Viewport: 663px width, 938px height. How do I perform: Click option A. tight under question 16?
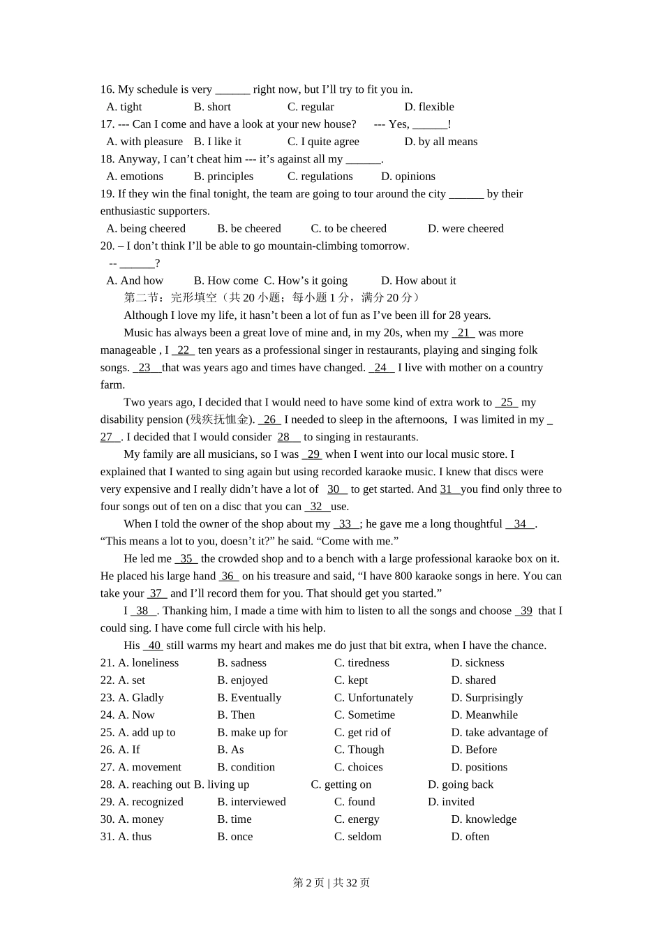click(124, 107)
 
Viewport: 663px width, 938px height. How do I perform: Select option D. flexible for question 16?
click(429, 107)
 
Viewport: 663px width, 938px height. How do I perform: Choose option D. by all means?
click(441, 142)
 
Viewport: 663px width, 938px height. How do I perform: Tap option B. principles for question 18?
click(223, 177)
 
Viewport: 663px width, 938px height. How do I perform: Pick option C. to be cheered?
click(348, 228)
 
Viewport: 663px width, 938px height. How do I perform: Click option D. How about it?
click(418, 281)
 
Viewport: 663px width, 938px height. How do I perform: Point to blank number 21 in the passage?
click(463, 333)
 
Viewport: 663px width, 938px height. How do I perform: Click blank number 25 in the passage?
click(507, 403)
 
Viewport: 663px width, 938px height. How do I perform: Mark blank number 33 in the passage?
click(345, 524)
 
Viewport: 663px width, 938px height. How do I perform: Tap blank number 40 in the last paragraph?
click(154, 646)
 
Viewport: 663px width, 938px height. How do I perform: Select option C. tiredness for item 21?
click(362, 663)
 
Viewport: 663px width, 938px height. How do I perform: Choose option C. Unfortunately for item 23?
click(373, 698)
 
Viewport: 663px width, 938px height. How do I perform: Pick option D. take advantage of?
click(499, 732)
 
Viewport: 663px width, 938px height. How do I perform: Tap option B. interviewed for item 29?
click(251, 802)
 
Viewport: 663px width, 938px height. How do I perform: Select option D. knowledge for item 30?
click(484, 819)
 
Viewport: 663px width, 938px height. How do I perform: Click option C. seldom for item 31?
click(358, 837)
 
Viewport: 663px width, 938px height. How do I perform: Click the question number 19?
click(107, 194)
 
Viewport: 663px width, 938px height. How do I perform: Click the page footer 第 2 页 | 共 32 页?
click(331, 883)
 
